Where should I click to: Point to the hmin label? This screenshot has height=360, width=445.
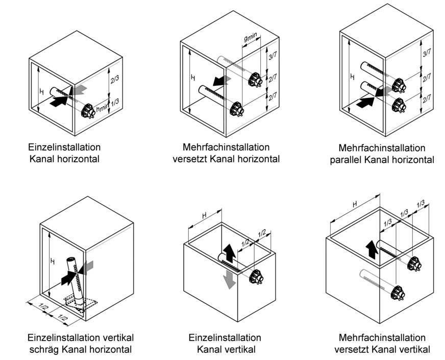[x=103, y=108]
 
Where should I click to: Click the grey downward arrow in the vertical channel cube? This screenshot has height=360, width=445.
[x=231, y=279]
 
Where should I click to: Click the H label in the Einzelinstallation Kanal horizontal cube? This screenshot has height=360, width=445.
[x=41, y=92]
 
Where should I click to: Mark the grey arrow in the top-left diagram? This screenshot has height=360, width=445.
[x=78, y=90]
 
